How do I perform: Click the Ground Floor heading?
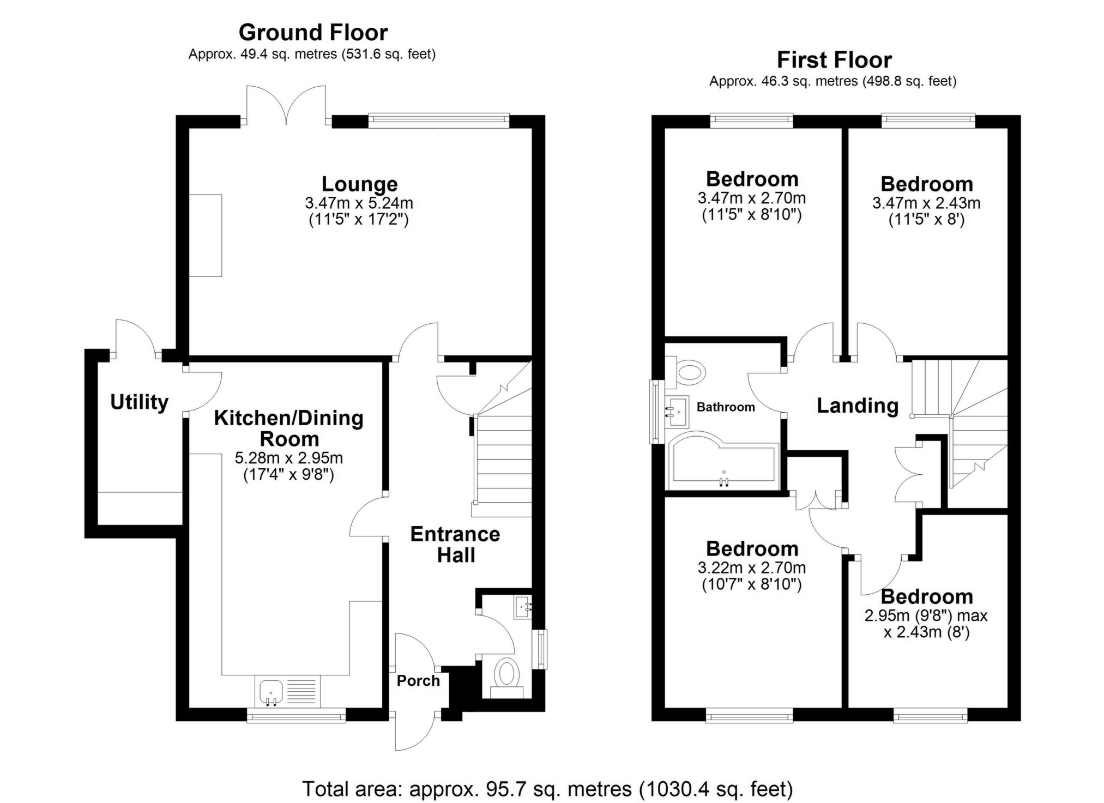point(313,33)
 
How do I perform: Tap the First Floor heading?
point(834,60)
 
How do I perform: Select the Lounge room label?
point(359,184)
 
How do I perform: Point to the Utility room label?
point(139,402)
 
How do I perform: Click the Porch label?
point(418,681)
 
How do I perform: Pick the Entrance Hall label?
point(455,545)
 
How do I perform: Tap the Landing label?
point(857,406)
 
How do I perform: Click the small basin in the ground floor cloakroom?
point(522,607)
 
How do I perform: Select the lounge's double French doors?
point(286,106)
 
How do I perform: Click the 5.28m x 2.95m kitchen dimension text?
point(288,458)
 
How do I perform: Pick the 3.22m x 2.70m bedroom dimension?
point(751,568)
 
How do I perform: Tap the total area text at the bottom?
point(547,789)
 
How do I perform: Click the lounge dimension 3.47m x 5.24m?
point(359,203)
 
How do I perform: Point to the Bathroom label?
point(726,407)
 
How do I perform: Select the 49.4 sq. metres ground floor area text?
point(312,55)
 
